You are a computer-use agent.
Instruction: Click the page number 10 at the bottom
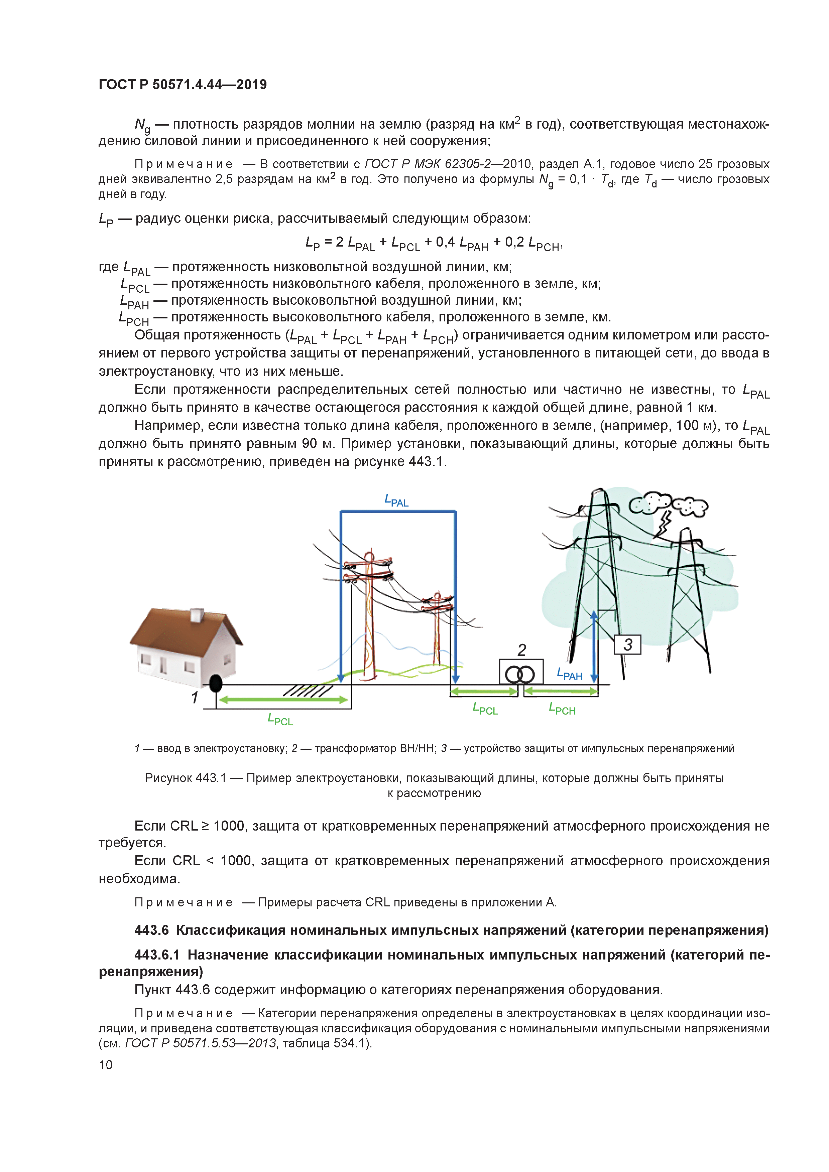tap(105, 1064)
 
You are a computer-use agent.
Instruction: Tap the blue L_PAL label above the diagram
tap(396, 501)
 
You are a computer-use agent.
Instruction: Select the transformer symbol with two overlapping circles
tap(520, 674)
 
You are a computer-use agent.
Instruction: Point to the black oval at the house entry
tap(216, 683)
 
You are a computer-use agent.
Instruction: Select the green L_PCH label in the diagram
tap(562, 709)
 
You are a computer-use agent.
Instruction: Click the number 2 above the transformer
tap(521, 650)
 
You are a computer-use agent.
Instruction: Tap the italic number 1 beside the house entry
tap(195, 697)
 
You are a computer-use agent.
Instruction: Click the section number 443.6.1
tap(157, 955)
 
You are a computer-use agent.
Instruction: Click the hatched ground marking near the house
tap(308, 691)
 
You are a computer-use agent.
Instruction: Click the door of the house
tap(163, 665)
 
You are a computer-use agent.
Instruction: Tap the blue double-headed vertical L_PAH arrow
tap(594, 646)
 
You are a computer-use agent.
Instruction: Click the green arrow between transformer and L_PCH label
tap(561, 691)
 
